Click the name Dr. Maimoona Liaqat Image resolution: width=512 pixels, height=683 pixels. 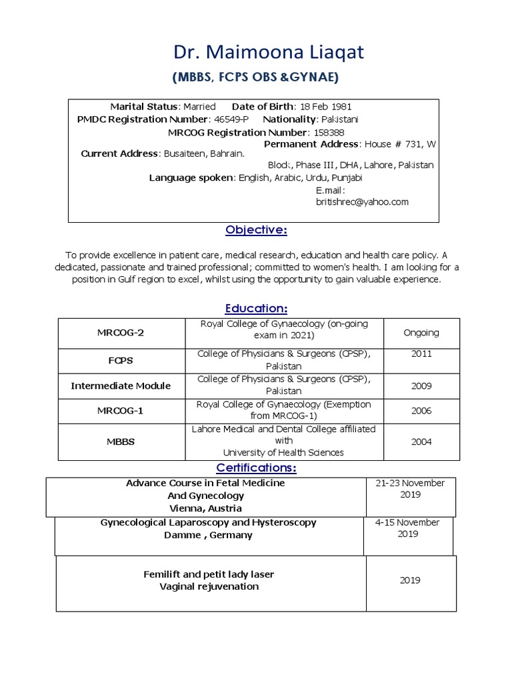[x=255, y=53]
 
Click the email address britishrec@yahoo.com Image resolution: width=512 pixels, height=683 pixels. [x=362, y=201]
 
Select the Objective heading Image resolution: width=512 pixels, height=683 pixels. [x=256, y=230]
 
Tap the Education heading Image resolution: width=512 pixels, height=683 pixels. [x=256, y=308]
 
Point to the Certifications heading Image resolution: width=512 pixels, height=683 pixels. [x=256, y=468]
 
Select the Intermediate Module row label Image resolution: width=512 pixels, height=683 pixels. [x=121, y=386]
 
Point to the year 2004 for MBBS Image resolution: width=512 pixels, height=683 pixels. [x=421, y=442]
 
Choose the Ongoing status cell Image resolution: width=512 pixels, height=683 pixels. [x=421, y=332]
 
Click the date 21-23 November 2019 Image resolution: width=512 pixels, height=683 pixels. [x=410, y=489]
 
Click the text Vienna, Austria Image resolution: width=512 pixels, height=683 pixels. [x=205, y=508]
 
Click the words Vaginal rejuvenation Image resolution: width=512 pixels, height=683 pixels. [x=209, y=586]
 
